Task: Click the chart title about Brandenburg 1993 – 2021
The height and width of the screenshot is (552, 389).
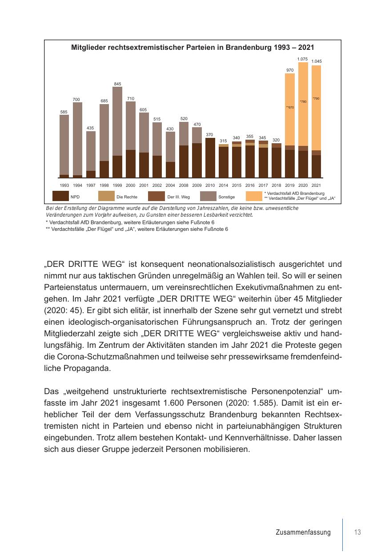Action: [x=193, y=47]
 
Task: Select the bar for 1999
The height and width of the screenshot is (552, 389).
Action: [x=117, y=132]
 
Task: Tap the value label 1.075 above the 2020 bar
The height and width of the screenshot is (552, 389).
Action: [x=302, y=59]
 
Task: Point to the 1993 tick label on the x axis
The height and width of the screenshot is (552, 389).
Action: [x=64, y=185]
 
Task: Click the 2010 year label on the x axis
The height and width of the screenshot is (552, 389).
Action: [x=210, y=185]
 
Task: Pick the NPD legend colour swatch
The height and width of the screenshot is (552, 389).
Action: [x=60, y=197]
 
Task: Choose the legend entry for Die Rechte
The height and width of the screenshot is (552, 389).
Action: [x=127, y=197]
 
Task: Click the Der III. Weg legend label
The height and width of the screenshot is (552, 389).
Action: [x=178, y=197]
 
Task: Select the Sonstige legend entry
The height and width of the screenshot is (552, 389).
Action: [x=226, y=197]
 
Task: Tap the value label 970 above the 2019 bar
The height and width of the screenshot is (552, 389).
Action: [x=289, y=70]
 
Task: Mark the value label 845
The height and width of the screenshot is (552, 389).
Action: [x=117, y=84]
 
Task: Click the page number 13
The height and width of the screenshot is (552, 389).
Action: [x=357, y=532]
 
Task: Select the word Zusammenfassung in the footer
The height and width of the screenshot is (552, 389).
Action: [x=303, y=532]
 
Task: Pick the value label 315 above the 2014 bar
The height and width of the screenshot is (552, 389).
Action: [x=223, y=141]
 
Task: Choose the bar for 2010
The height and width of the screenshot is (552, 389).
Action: [x=210, y=158]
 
